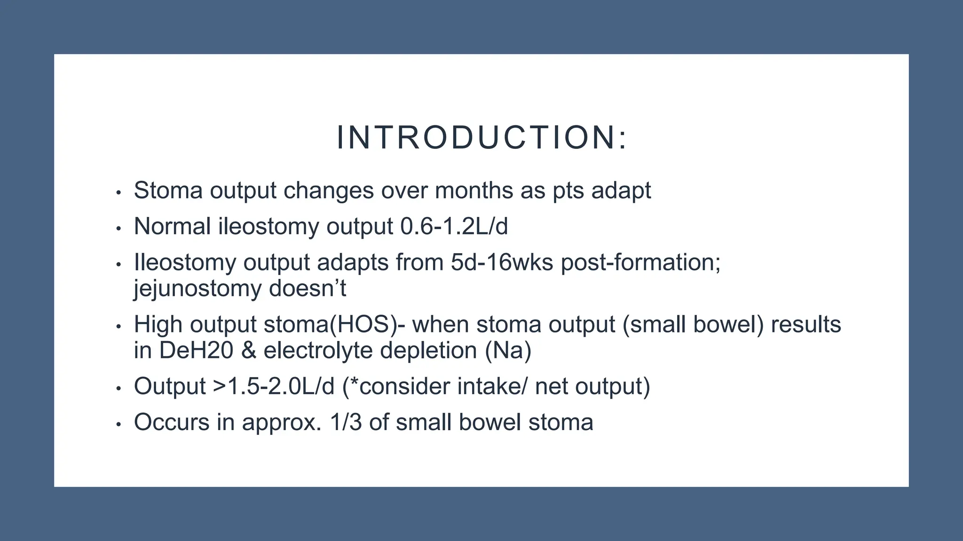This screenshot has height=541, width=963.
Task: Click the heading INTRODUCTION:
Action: pyautogui.click(x=481, y=138)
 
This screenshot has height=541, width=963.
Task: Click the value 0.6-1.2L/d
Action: pyautogui.click(x=454, y=226)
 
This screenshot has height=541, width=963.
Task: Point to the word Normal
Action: pyautogui.click(x=172, y=226)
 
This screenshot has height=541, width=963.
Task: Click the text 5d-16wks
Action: pyautogui.click(x=502, y=262)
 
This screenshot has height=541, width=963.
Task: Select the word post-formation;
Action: pyautogui.click(x=640, y=262)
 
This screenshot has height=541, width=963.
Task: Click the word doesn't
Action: pyautogui.click(x=308, y=288)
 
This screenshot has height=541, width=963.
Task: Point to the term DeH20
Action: pyautogui.click(x=196, y=351)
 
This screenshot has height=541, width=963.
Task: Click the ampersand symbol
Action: pyautogui.click(x=248, y=351)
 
